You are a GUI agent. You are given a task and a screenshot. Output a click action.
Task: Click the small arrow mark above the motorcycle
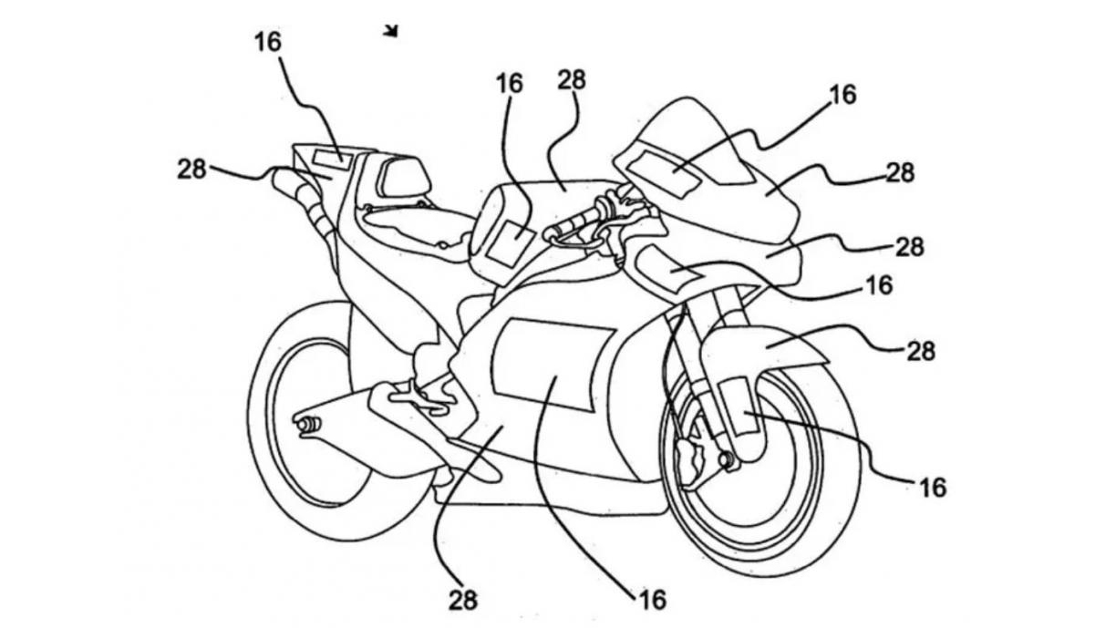392,32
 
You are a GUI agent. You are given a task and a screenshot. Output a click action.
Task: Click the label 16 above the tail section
269,41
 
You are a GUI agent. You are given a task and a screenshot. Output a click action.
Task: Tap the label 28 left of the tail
191,169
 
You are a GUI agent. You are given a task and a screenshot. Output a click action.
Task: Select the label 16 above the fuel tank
510,83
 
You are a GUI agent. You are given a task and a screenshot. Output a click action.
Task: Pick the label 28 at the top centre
572,79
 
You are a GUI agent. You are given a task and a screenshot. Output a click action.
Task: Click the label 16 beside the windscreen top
842,94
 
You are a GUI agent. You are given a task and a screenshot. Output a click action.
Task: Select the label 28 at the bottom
462,599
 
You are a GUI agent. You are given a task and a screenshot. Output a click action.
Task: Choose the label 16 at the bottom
652,599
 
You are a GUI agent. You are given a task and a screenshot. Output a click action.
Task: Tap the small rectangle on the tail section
327,155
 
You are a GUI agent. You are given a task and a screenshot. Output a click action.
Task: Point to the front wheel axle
728,458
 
